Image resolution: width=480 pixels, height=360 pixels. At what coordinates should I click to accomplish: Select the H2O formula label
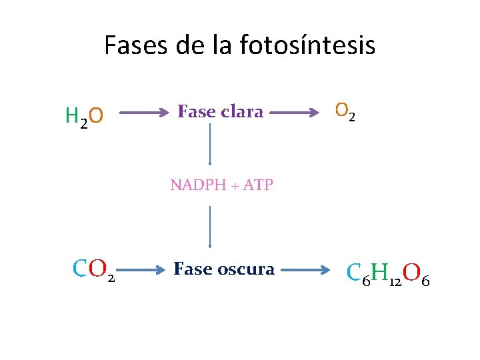[84, 116]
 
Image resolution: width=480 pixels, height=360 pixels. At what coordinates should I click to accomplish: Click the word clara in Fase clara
[241, 112]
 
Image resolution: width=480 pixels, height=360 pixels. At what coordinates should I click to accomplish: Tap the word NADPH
[195, 185]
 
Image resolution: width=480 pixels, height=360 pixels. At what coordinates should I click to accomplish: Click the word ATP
[258, 185]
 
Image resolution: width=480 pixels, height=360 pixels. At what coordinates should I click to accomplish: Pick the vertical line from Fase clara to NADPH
[210, 143]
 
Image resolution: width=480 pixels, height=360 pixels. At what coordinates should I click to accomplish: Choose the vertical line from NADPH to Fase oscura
[210, 227]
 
